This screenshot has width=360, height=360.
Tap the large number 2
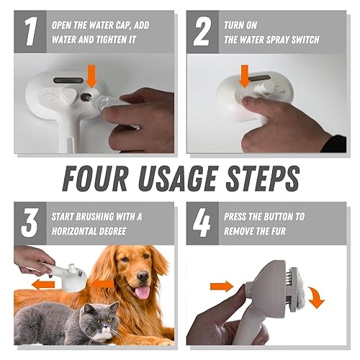tap(204, 32)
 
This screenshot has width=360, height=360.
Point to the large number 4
tap(204, 223)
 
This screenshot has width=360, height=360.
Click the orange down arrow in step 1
tap(91, 74)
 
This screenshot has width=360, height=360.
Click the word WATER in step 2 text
tap(258, 39)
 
